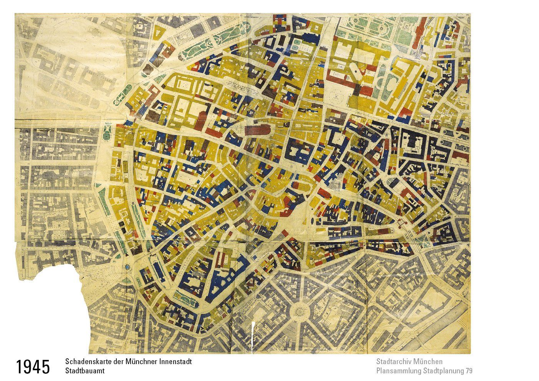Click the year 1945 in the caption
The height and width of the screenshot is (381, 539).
(x=33, y=367)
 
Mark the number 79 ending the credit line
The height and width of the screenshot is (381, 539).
(x=469, y=371)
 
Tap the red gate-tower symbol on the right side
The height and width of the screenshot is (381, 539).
(x=401, y=222)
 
